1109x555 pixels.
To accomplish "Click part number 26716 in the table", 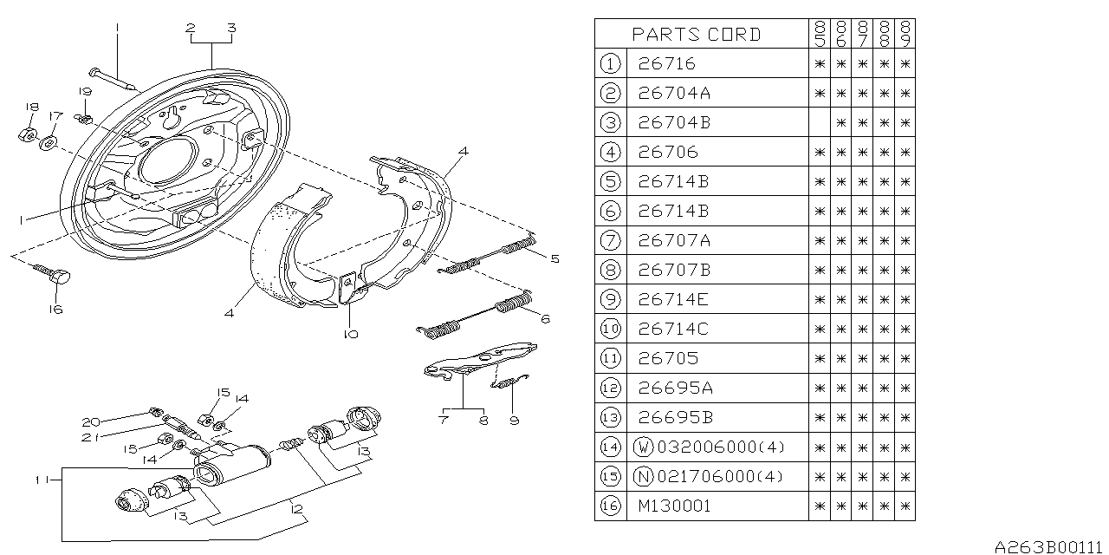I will click(x=666, y=63).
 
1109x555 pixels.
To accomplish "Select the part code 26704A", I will click(x=674, y=93).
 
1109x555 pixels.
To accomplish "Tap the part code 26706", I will click(x=666, y=152).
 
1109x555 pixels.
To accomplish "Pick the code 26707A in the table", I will click(x=674, y=240).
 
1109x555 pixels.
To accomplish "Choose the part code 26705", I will click(x=666, y=358).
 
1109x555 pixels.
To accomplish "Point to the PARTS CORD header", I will click(x=696, y=35).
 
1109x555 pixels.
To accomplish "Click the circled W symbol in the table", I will click(x=644, y=447).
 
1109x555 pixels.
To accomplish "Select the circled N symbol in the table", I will click(x=644, y=476).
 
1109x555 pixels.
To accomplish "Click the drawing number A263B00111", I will click(x=1048, y=547).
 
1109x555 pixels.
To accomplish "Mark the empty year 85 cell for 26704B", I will click(x=819, y=122).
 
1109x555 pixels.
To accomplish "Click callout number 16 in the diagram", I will click(x=55, y=310).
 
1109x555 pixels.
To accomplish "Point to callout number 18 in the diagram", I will click(x=31, y=107).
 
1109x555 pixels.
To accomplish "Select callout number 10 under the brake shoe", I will click(x=350, y=334).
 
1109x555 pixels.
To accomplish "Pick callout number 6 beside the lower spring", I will click(x=545, y=319).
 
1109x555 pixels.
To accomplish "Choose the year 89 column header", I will click(x=905, y=34).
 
